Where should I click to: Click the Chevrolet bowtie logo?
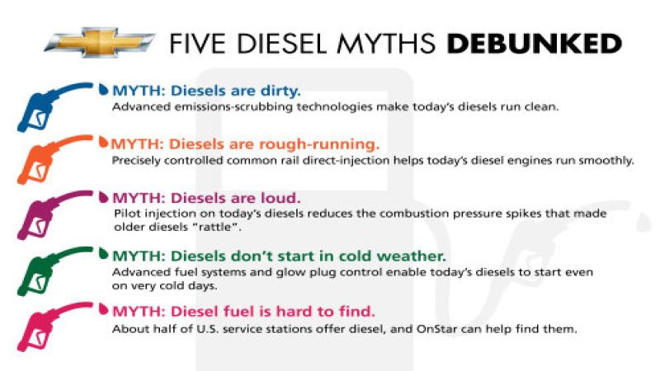98,42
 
